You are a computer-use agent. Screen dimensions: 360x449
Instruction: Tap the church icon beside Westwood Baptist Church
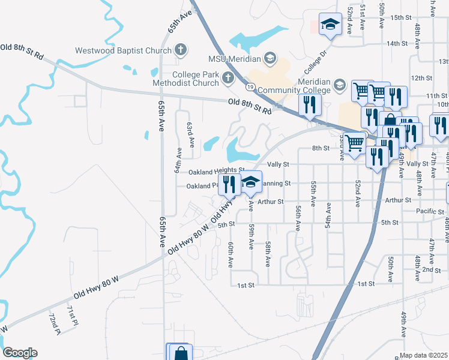180,50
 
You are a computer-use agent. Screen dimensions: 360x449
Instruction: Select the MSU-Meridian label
234,59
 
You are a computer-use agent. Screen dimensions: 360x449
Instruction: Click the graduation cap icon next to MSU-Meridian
270,58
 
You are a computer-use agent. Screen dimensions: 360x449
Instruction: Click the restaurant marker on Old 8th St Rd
310,104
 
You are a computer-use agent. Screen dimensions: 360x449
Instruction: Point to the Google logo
20,353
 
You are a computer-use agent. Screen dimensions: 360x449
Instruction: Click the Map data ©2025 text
424,356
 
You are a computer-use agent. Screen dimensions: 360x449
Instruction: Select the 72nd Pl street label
55,324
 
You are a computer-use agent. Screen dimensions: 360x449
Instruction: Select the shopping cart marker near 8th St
355,143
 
